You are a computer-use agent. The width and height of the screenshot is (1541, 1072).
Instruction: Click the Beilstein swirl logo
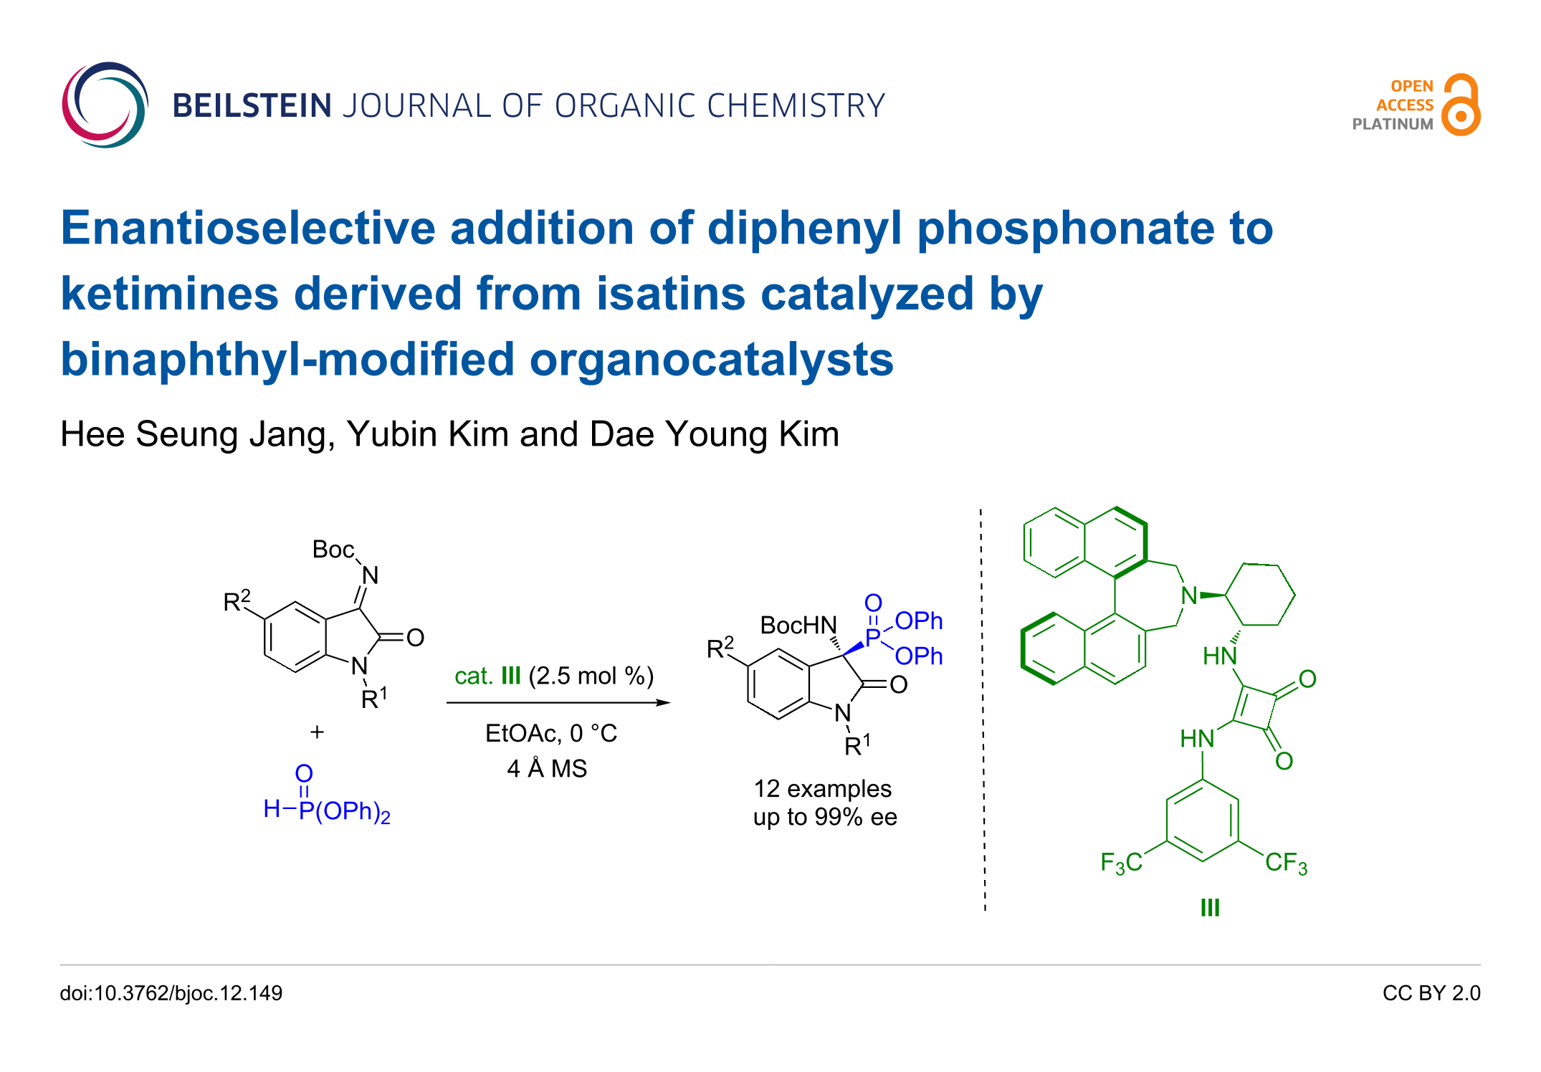[x=105, y=105]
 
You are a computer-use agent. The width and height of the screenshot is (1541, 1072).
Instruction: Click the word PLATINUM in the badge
[x=1392, y=124]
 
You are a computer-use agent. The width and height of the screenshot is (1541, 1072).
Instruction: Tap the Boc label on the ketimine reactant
[x=333, y=550]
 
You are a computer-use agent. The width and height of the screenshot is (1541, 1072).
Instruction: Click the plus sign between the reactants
[x=317, y=732]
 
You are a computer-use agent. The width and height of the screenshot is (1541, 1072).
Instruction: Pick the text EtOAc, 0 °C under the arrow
[x=550, y=733]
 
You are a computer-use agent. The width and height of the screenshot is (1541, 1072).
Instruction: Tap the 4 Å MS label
[x=547, y=769]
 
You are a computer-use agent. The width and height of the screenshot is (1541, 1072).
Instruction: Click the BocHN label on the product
[x=798, y=626]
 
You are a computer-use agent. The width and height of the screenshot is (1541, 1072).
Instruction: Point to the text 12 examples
[x=822, y=789]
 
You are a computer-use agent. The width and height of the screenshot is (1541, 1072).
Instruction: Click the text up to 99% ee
[x=825, y=817]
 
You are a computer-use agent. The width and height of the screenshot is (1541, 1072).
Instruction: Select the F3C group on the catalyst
[x=1121, y=862]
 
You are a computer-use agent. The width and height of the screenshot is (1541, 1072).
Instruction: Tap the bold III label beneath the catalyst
[x=1210, y=908]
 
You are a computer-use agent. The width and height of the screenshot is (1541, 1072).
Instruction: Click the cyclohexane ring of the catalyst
[x=1260, y=595]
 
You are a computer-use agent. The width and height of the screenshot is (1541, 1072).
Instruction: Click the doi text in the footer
[x=171, y=993]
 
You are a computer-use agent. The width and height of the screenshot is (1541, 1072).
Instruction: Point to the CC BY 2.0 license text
[x=1431, y=993]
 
